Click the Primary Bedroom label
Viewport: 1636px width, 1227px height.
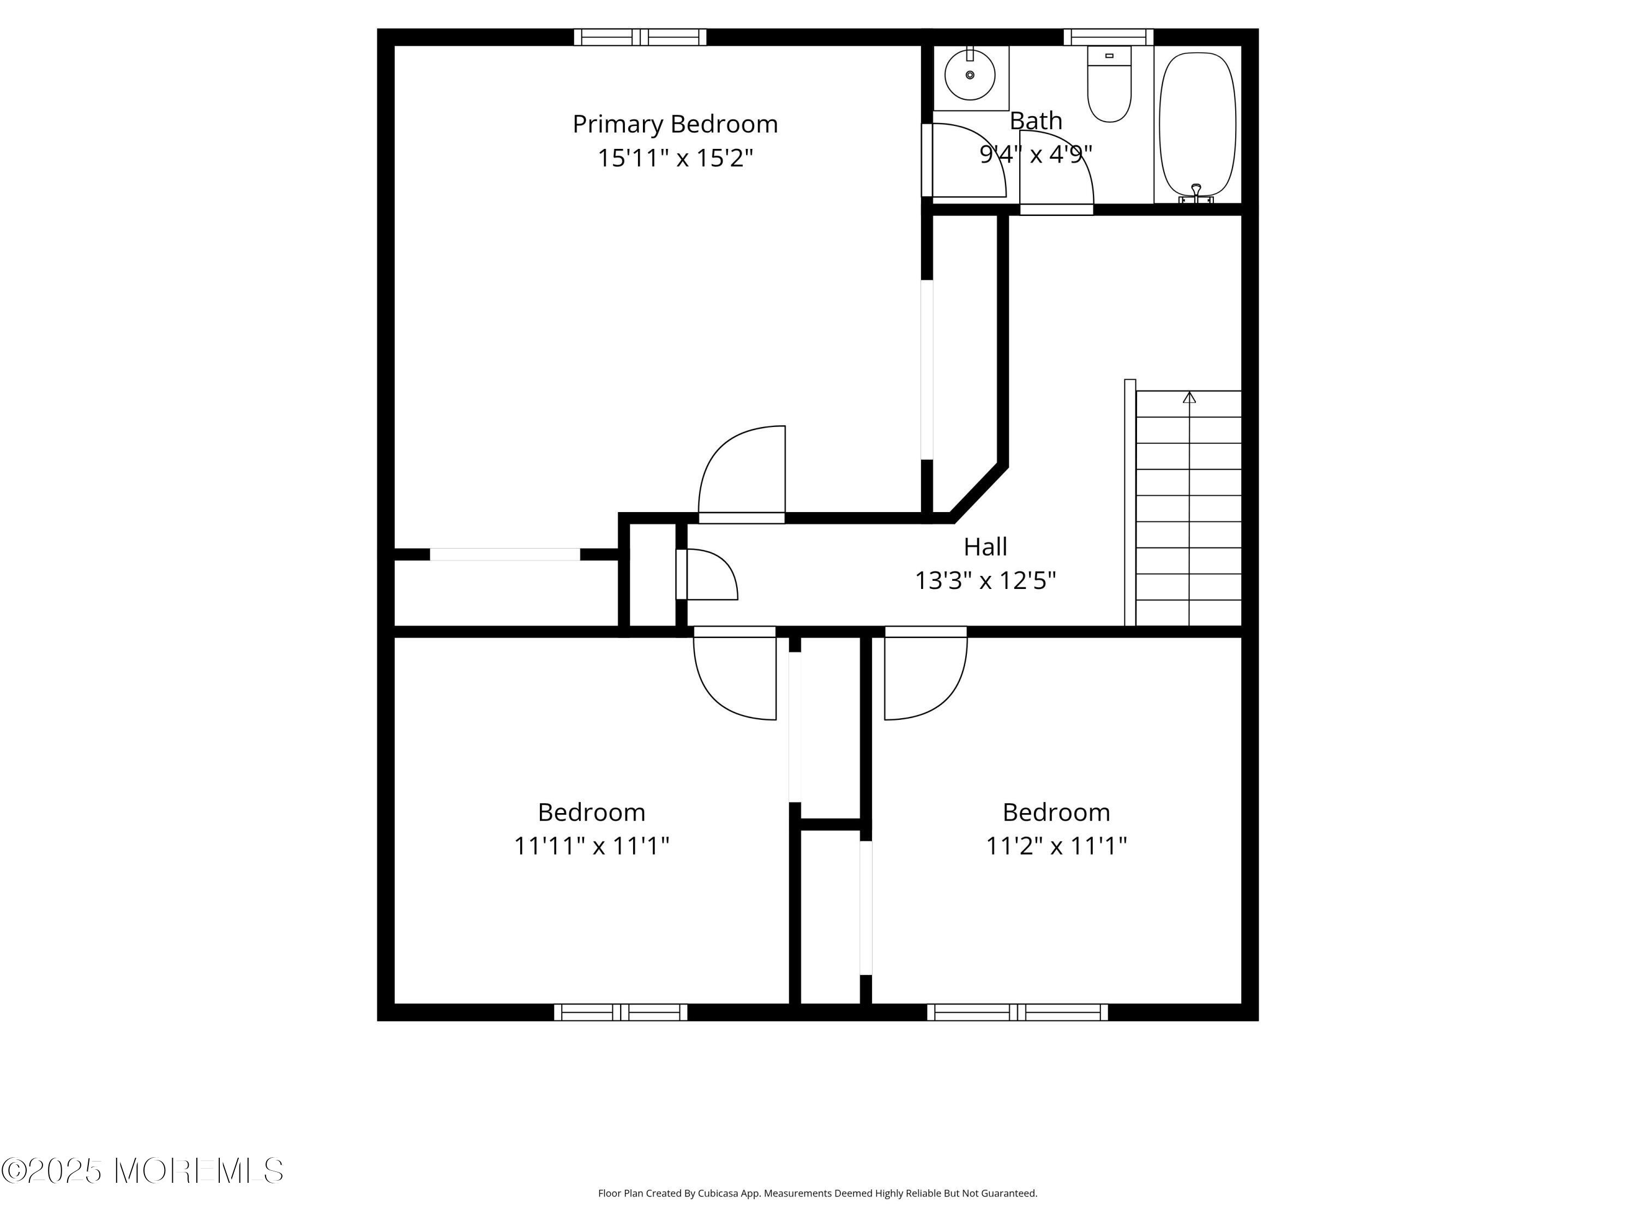pyautogui.click(x=675, y=124)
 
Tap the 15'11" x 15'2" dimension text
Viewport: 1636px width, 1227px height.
pyautogui.click(x=675, y=158)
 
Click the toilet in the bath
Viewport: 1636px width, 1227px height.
pyautogui.click(x=1109, y=83)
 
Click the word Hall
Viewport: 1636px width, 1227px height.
pyautogui.click(x=985, y=546)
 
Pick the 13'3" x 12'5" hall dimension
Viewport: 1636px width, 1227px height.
pyautogui.click(x=985, y=581)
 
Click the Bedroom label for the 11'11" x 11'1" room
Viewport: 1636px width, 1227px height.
pyautogui.click(x=592, y=812)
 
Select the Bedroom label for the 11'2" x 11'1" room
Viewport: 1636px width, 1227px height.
pyautogui.click(x=1056, y=812)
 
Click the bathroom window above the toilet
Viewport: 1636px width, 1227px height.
pyautogui.click(x=1109, y=37)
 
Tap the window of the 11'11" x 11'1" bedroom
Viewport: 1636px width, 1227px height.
pyautogui.click(x=621, y=1013)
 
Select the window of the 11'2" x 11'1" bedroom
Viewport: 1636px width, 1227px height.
pyautogui.click(x=1018, y=1013)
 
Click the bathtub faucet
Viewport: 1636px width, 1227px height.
pyautogui.click(x=1196, y=193)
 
